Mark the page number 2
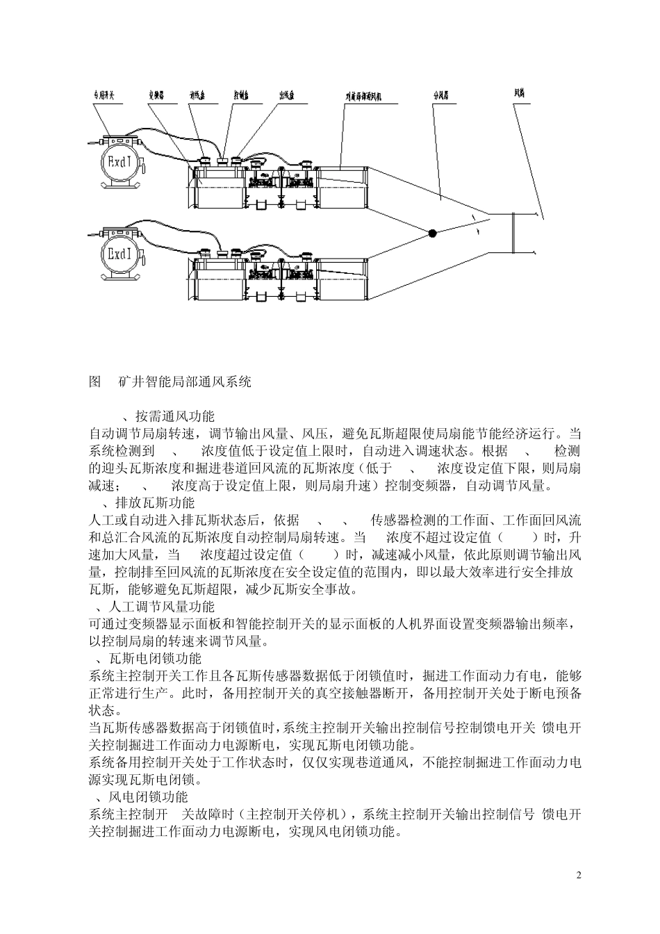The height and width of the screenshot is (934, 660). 579,874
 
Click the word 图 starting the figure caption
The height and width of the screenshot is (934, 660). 96,382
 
